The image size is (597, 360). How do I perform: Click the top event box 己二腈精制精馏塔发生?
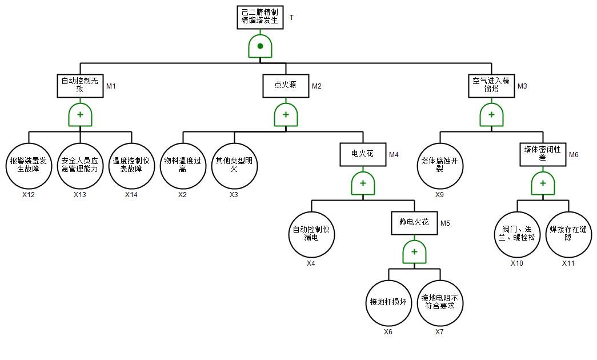point(260,17)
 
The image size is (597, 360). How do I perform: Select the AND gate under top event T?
point(260,46)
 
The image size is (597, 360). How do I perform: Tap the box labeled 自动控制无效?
point(80,86)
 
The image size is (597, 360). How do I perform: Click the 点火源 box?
point(286,86)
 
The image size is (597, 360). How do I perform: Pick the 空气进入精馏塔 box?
point(491,86)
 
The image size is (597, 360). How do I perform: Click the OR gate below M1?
point(80,115)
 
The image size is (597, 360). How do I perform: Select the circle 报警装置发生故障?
point(29,166)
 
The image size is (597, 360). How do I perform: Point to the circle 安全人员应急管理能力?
point(80,166)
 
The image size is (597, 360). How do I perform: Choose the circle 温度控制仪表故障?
point(131,166)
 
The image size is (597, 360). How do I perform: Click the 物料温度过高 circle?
point(183,166)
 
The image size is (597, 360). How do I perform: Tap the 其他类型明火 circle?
point(234,166)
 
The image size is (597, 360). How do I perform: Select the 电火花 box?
point(363,154)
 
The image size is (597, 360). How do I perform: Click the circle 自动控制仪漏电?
point(311,234)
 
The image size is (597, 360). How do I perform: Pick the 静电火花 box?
point(414,223)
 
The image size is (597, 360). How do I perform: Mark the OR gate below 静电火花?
point(414,252)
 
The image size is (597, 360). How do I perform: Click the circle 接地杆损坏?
point(388,303)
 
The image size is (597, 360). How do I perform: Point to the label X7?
point(439,332)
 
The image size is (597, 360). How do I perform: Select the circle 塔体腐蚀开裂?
point(440,166)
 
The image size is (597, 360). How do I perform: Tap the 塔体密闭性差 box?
point(543,154)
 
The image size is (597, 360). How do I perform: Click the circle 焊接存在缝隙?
point(568,234)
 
